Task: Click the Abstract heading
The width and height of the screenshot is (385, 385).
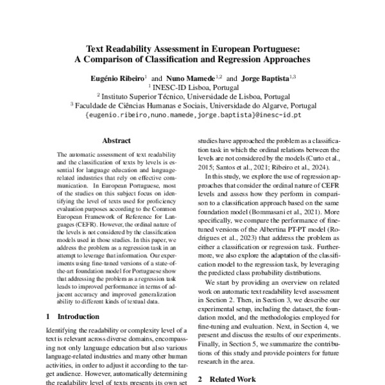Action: [x=116, y=141]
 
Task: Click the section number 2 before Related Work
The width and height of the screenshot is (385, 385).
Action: [x=200, y=379]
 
